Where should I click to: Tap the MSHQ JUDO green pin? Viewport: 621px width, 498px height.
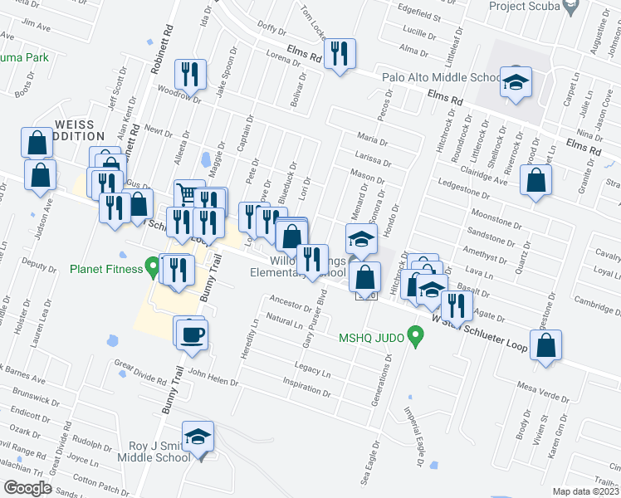[x=419, y=337]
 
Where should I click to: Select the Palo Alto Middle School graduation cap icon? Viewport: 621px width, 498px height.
[x=516, y=83]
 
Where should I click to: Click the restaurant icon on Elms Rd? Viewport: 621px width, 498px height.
[x=340, y=55]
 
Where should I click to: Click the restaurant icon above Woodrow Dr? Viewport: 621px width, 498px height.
[x=190, y=75]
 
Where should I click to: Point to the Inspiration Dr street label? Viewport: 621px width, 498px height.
[x=307, y=388]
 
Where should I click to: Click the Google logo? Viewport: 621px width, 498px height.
[x=27, y=488]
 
